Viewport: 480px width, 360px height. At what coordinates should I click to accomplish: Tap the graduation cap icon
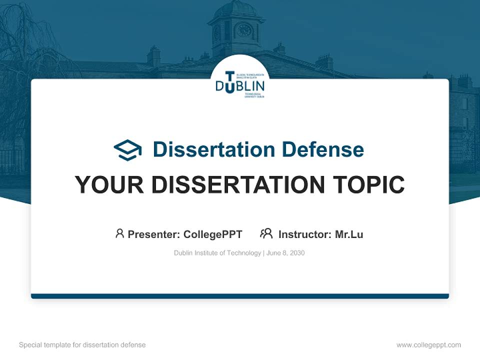127,149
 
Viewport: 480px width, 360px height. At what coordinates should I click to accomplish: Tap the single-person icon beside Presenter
119,233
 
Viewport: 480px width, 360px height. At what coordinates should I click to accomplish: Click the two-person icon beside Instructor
266,233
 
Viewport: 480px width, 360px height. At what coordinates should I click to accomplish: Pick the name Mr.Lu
349,234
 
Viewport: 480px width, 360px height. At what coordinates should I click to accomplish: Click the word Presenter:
154,234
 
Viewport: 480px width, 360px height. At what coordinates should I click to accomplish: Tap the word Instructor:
305,234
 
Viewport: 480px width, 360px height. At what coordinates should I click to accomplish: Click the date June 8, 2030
285,253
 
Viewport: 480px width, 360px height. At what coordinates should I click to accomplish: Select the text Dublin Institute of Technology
217,253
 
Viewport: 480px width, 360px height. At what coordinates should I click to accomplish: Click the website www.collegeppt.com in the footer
428,345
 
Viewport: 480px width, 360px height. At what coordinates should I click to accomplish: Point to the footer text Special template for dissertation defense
82,345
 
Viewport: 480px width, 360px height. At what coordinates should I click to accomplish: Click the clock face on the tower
244,30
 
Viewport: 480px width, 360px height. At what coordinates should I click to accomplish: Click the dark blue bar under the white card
240,296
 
